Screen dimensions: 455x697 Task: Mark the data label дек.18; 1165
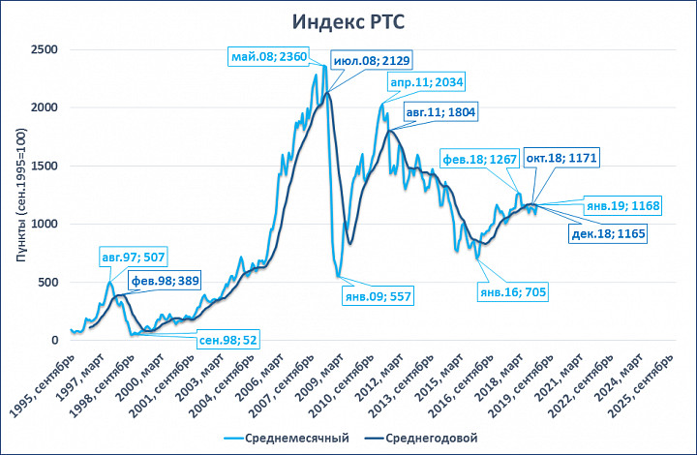pyautogui.click(x=607, y=233)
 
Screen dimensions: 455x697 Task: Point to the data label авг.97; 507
pyautogui.click(x=133, y=258)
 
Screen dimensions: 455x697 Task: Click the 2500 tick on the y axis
pyautogui.click(x=45, y=49)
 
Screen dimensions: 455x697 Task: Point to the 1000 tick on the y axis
pyautogui.click(x=45, y=224)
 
